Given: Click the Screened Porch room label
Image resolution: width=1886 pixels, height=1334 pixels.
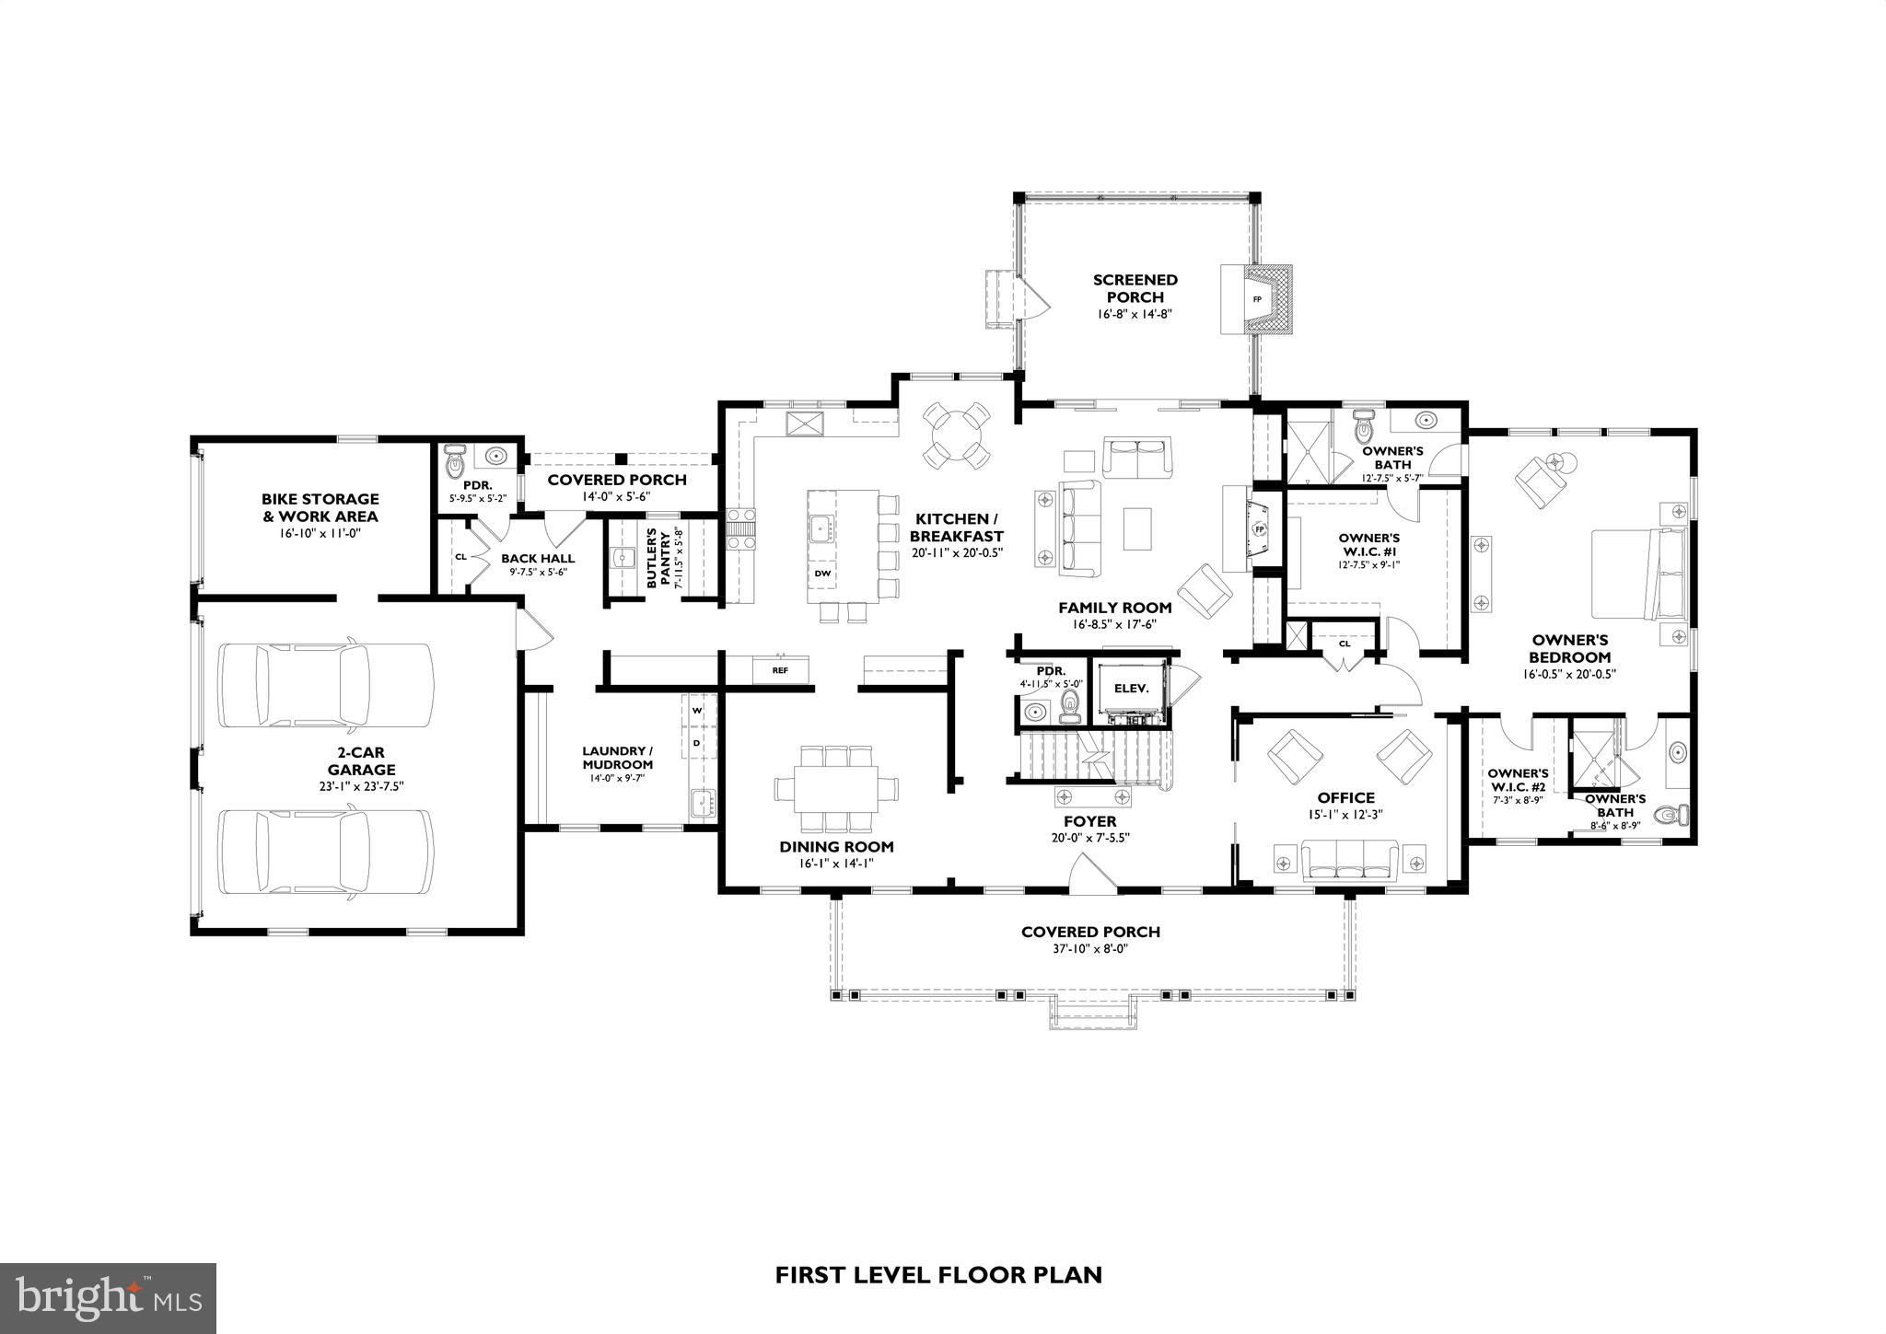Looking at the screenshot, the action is (1135, 288).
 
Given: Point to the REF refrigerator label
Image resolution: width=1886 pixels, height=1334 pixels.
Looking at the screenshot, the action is (780, 670).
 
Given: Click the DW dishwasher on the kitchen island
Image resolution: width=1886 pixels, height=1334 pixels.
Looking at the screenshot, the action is (823, 574).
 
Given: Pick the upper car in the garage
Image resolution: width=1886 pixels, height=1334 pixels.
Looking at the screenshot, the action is (325, 685).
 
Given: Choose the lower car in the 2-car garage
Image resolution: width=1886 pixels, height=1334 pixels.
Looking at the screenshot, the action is (325, 852).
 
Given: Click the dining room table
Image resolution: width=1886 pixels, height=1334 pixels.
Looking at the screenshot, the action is (836, 790).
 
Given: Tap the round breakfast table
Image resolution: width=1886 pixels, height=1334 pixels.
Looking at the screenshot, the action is (957, 435).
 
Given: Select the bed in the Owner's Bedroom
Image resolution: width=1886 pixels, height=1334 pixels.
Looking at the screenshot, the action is (1640, 574).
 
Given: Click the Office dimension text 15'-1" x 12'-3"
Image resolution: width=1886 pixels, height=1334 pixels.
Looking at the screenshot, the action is (1345, 815).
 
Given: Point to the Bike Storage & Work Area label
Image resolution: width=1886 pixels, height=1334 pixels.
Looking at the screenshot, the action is (320, 507).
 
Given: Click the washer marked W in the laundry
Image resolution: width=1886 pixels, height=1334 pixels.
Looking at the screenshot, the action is (697, 710).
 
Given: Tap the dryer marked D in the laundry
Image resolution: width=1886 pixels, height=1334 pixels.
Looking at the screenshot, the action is (697, 742).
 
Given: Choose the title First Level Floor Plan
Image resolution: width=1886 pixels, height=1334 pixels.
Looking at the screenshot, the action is (938, 1275).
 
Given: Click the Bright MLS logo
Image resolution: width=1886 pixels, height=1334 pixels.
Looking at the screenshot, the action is (108, 1298).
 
